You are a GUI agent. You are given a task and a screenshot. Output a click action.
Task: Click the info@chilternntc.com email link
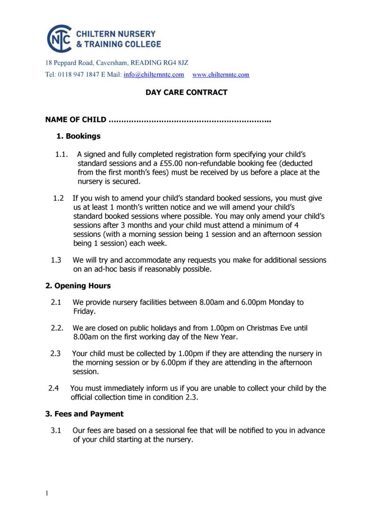click(x=153, y=74)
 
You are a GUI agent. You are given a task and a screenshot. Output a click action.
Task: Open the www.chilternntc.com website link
click(x=221, y=74)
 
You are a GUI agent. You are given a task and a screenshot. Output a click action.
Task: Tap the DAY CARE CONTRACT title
click(x=186, y=92)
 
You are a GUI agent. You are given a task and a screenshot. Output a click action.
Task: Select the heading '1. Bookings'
click(x=78, y=136)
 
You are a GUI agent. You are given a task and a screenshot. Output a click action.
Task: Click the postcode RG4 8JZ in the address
click(x=173, y=63)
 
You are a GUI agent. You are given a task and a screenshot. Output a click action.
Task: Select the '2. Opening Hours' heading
click(x=78, y=286)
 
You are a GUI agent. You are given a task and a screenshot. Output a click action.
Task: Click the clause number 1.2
click(x=59, y=198)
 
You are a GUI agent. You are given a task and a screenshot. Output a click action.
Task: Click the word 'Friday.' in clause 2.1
click(x=85, y=311)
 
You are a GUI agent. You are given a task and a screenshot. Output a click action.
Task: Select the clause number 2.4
click(x=54, y=388)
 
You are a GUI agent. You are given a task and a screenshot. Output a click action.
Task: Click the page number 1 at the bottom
click(x=47, y=493)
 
